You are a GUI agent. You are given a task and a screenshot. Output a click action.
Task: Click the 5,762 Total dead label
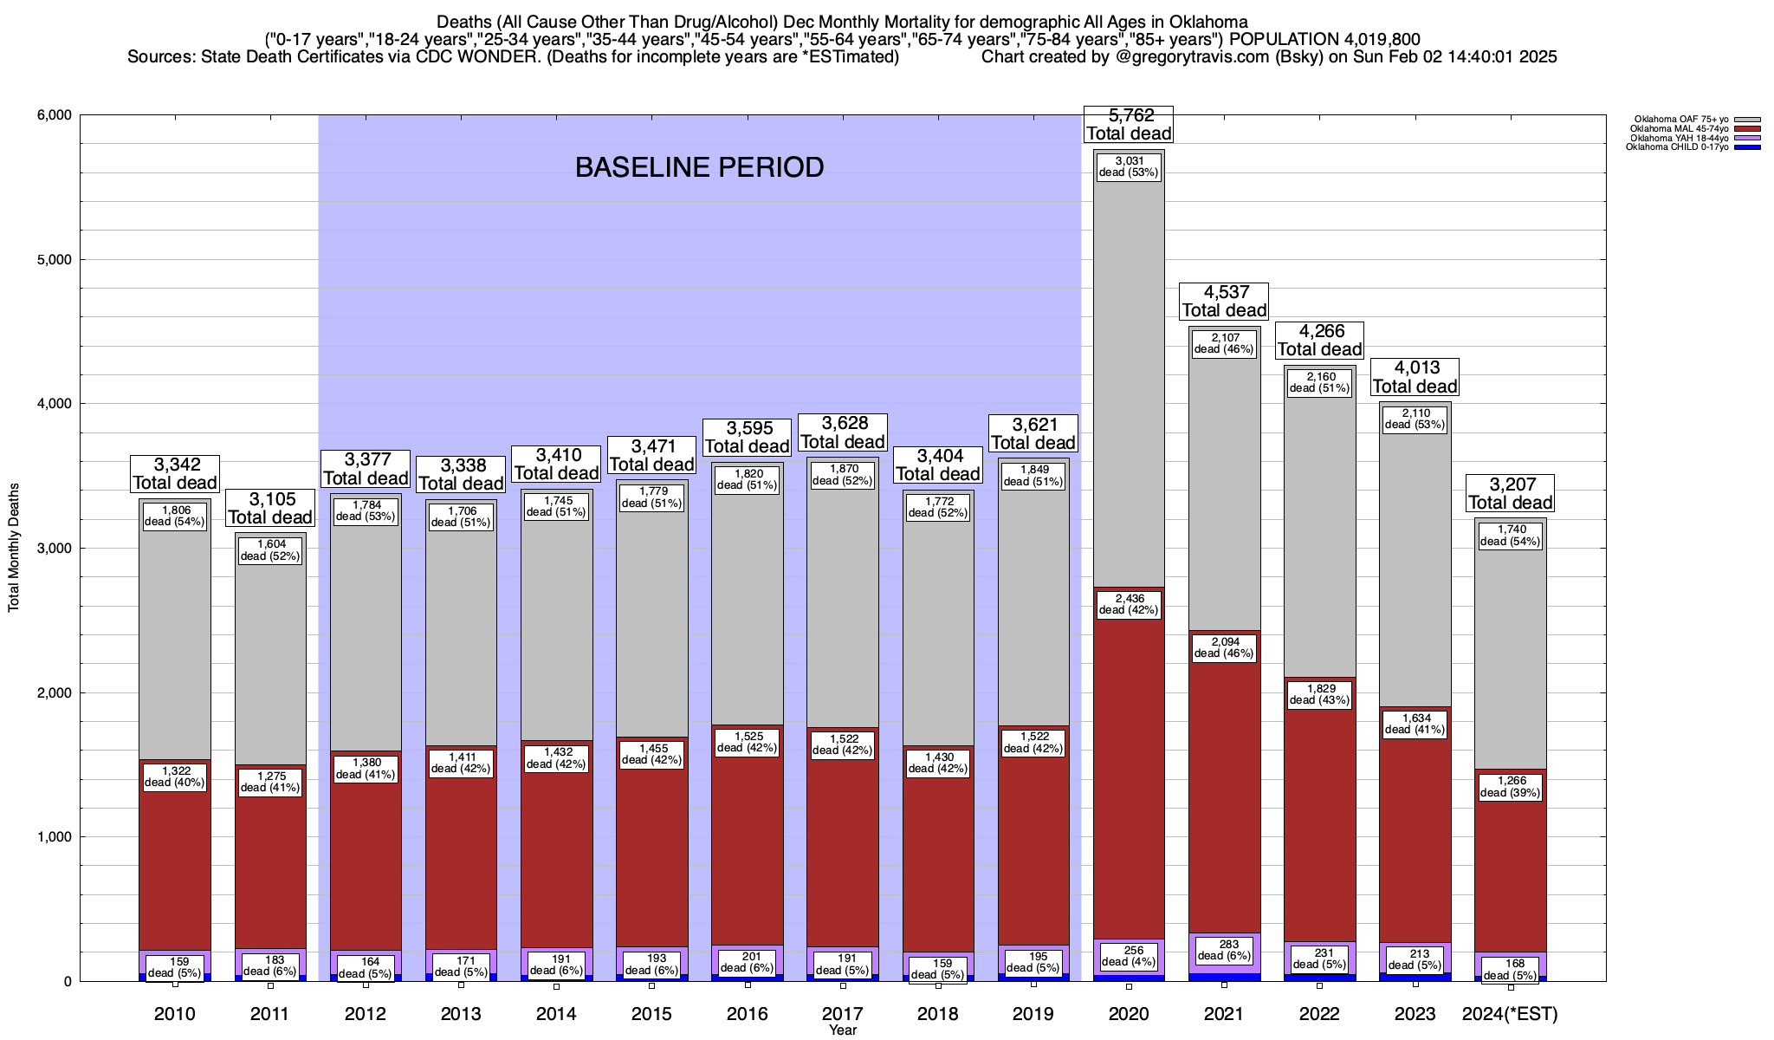tap(1129, 124)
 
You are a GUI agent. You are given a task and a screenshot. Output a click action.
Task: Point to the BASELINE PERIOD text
tap(699, 167)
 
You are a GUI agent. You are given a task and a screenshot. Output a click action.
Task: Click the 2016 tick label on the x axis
tap(747, 1013)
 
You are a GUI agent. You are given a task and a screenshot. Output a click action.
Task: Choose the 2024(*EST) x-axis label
tap(1510, 1013)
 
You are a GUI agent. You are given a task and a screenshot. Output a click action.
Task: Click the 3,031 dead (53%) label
tap(1129, 166)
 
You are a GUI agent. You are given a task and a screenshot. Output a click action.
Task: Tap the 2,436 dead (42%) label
tap(1129, 604)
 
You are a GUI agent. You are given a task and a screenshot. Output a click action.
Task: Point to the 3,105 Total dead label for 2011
tap(269, 508)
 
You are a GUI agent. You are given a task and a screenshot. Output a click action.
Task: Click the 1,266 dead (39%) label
tap(1510, 786)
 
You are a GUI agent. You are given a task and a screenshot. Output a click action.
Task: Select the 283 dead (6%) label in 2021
tap(1224, 950)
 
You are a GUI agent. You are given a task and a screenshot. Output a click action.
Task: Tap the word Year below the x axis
tap(842, 1030)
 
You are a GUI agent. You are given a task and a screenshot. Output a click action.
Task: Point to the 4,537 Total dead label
tap(1224, 301)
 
